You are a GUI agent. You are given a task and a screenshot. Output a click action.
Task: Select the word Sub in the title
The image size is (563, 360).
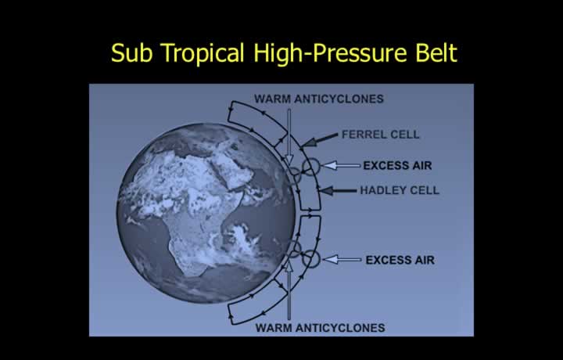pos(132,52)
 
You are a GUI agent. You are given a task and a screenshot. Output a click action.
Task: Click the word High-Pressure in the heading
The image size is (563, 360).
pos(331,53)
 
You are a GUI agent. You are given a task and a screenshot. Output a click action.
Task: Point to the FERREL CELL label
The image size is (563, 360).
pos(380,135)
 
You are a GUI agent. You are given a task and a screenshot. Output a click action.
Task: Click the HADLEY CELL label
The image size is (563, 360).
pos(400,190)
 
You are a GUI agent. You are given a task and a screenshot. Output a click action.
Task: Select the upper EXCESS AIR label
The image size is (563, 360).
pos(397,166)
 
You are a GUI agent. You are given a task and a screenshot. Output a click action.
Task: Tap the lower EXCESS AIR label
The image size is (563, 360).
pos(400,260)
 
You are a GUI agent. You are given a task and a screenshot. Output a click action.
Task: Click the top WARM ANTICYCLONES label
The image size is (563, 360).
pos(319,99)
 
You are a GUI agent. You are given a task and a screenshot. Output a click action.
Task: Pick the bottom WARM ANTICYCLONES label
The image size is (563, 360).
pos(321,328)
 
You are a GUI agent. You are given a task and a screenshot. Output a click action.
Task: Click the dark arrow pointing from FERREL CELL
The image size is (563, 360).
pos(319,140)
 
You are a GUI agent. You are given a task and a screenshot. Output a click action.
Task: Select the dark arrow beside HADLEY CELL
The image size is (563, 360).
pos(337,191)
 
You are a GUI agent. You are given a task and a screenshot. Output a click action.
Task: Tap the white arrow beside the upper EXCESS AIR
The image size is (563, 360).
pos(340,165)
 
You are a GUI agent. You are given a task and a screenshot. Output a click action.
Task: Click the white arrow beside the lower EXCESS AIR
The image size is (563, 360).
pos(342,259)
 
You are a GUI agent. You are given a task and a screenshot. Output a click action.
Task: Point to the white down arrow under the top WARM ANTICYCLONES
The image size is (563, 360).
pos(289,137)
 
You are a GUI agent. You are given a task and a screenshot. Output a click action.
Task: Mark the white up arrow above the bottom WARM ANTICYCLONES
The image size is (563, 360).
pos(289,290)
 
